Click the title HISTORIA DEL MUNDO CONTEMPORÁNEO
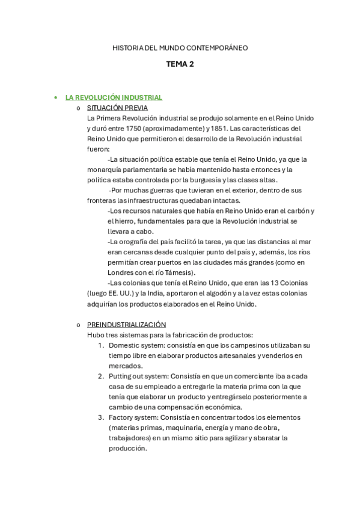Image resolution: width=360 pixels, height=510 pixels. tap(180, 48)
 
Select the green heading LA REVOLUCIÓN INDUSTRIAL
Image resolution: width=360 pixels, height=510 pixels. tap(114, 97)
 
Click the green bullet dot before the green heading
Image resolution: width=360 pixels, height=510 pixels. tap(55, 97)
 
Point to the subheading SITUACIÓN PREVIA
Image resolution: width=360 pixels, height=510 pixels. tap(117, 108)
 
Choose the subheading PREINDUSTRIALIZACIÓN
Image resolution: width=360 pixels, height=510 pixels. tap(126, 324)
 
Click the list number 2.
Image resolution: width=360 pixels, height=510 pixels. tap(101, 376)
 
